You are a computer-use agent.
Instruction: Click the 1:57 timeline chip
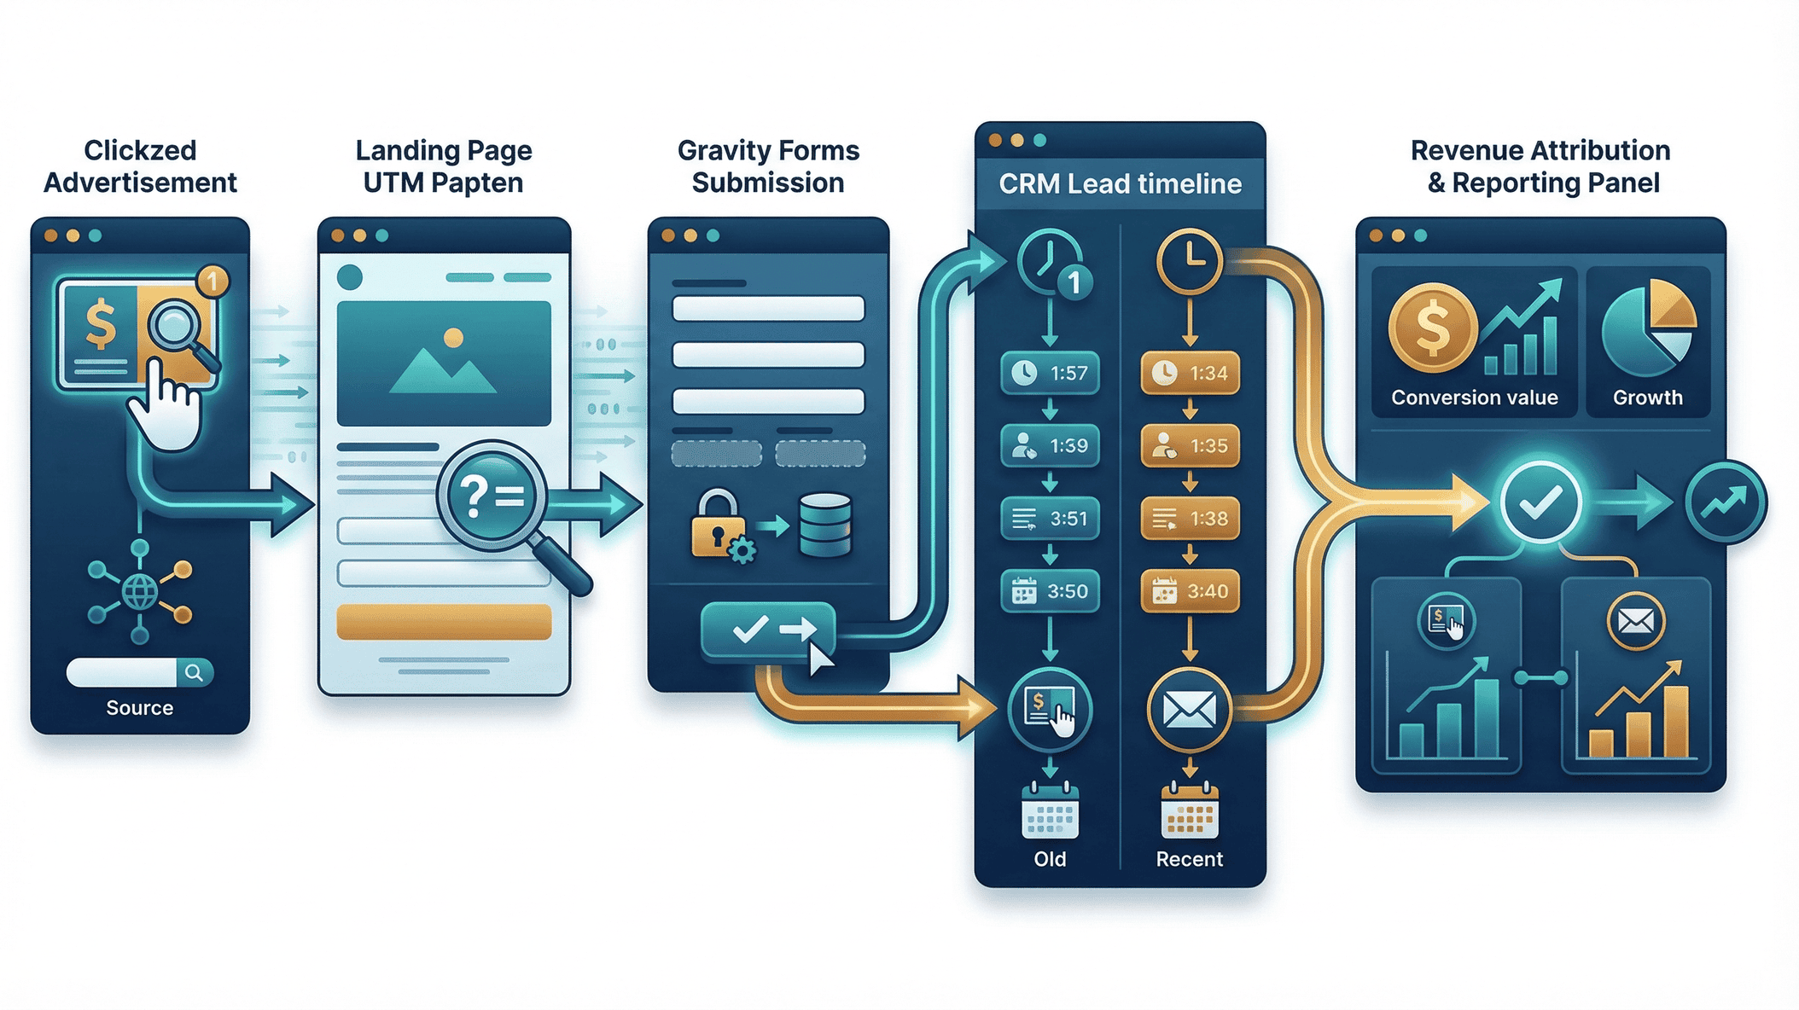(1050, 373)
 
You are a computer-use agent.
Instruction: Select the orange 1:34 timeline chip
(1190, 373)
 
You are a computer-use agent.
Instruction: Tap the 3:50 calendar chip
(1050, 591)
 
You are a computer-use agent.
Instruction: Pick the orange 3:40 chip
(1190, 591)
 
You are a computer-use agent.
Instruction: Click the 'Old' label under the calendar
(1050, 859)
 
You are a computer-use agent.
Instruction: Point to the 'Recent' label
(1189, 859)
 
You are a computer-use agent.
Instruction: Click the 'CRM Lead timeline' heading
(1120, 183)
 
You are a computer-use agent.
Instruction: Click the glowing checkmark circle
(1540, 502)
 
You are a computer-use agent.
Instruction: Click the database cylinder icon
(824, 525)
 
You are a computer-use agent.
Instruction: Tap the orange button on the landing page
(444, 622)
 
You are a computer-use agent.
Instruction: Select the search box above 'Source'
(139, 672)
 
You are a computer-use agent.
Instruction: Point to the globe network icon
(140, 591)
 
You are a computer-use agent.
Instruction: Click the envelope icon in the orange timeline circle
(1189, 709)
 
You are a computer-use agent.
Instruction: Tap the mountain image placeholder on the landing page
(444, 363)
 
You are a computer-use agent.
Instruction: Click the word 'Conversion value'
(1474, 398)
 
